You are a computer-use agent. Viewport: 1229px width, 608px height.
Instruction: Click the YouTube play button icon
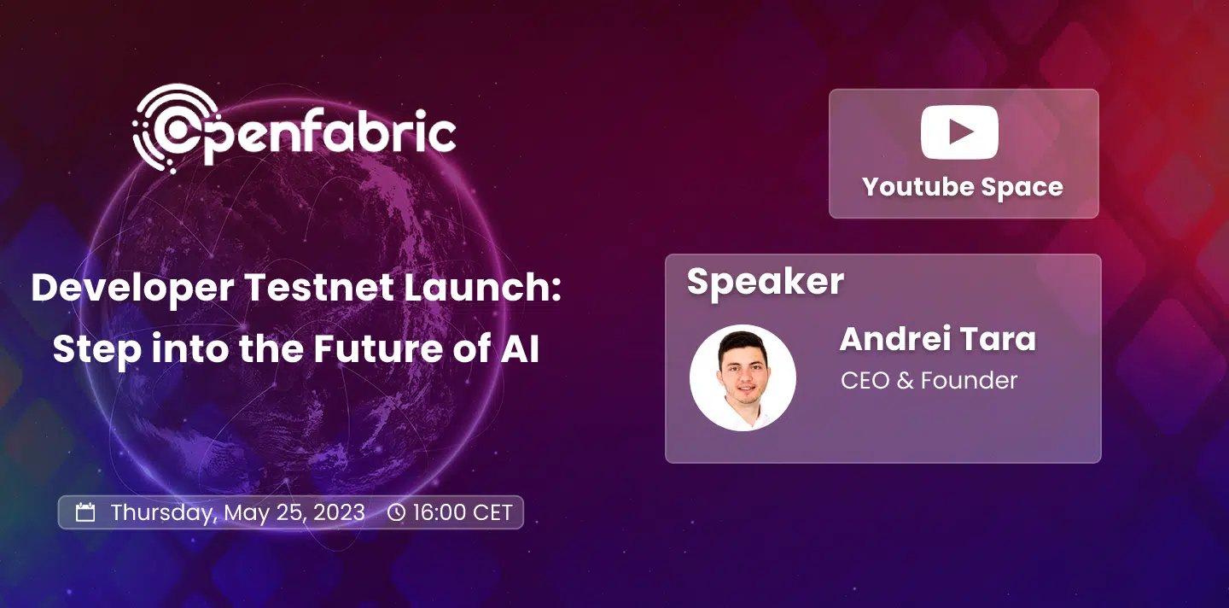pyautogui.click(x=959, y=132)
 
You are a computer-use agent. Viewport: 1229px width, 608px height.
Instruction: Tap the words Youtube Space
pyautogui.click(x=963, y=187)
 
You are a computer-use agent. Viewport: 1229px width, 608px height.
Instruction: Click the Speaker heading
pyautogui.click(x=766, y=282)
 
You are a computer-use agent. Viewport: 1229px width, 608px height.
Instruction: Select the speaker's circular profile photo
pyautogui.click(x=743, y=377)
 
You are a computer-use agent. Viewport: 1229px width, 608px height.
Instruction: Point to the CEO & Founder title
pyautogui.click(x=929, y=380)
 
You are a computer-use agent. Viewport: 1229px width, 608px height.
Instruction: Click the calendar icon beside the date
pyautogui.click(x=85, y=512)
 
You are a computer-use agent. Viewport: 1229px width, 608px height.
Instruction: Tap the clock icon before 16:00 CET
pyautogui.click(x=396, y=512)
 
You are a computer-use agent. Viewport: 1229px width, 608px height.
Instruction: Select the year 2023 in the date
pyautogui.click(x=339, y=512)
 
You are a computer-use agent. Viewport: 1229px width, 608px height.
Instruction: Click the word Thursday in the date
pyautogui.click(x=162, y=513)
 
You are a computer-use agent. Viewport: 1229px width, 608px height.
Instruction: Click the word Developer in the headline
pyautogui.click(x=132, y=288)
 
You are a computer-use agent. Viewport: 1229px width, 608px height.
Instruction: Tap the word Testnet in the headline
pyautogui.click(x=319, y=287)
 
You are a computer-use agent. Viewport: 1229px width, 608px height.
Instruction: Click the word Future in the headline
pyautogui.click(x=377, y=349)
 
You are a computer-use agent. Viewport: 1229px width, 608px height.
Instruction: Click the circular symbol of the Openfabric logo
pyautogui.click(x=176, y=128)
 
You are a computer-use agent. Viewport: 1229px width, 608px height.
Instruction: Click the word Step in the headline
pyautogui.click(x=97, y=350)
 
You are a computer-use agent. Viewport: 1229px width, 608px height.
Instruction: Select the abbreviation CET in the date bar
pyautogui.click(x=492, y=512)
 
